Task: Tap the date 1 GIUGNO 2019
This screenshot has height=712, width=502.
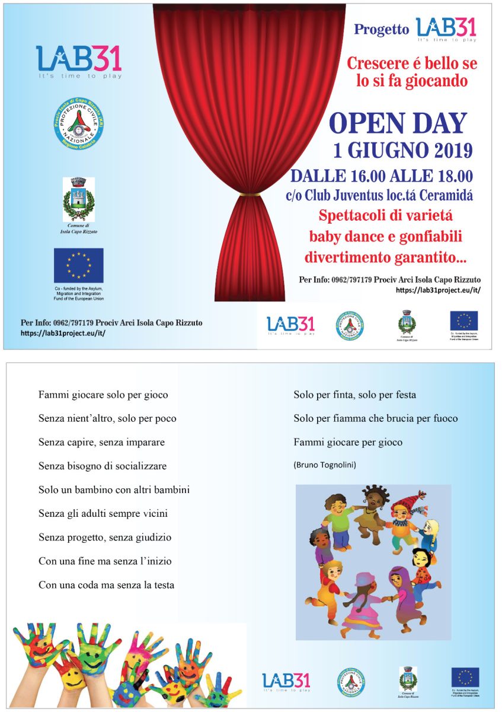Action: point(403,151)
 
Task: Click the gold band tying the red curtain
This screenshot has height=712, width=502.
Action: point(249,194)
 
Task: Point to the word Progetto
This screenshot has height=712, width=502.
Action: point(381,30)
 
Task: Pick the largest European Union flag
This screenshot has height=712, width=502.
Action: point(78,265)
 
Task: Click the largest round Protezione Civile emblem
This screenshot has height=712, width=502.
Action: point(79,125)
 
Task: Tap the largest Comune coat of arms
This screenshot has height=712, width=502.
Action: point(78,199)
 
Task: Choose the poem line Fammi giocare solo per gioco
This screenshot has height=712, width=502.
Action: point(103,395)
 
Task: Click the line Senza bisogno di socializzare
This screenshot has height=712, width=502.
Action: point(103,466)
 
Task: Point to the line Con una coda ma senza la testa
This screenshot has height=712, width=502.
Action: point(107,584)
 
